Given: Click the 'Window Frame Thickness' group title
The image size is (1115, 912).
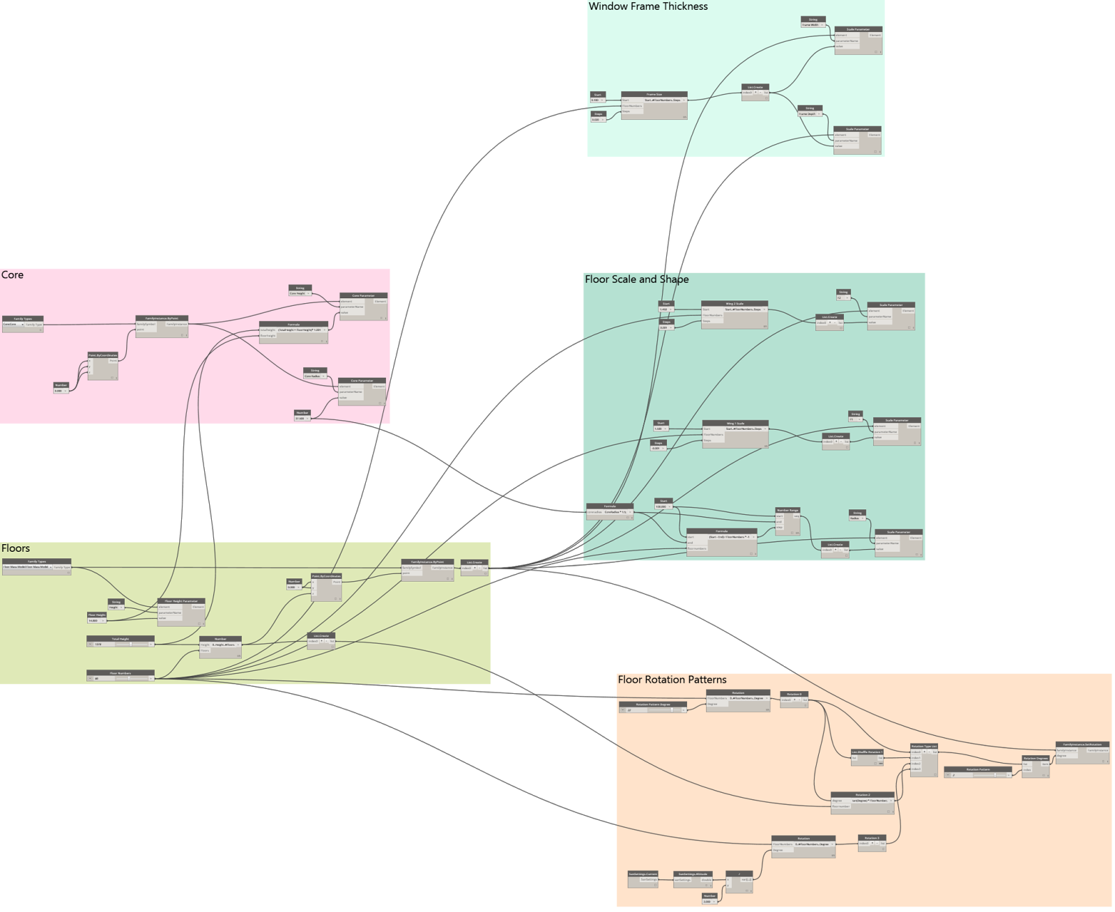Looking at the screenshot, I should (648, 6).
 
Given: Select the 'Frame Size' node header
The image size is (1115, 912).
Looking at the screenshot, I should (654, 94).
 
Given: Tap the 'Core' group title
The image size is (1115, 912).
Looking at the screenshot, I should (13, 275).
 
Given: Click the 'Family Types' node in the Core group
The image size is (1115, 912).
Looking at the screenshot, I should (23, 319).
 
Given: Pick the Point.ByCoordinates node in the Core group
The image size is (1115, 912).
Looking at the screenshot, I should (102, 355).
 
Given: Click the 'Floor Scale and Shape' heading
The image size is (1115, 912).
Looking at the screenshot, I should (636, 279).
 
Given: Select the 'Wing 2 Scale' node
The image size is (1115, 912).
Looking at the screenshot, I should (735, 304).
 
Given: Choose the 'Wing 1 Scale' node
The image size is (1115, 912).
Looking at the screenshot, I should (735, 423).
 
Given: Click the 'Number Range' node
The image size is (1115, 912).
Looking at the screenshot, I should (788, 510).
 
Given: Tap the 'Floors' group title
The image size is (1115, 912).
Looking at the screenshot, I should (15, 548).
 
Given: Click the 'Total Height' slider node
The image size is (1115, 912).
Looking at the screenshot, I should (120, 639).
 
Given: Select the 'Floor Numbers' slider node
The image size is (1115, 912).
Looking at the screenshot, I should (120, 673).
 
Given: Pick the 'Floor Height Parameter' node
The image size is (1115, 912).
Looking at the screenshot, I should (181, 601).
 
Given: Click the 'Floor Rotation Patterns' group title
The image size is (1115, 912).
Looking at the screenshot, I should (672, 680).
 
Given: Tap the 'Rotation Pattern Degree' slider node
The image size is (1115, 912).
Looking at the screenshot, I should (653, 704).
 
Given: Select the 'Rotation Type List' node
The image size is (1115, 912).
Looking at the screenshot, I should (924, 746).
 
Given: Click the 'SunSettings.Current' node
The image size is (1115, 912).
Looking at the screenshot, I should (643, 874).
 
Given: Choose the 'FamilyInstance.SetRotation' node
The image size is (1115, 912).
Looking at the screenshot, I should (1082, 745).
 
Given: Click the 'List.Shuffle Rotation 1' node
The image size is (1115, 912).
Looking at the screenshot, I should (867, 752).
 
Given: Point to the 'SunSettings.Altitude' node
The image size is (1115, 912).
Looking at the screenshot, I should (693, 874).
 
